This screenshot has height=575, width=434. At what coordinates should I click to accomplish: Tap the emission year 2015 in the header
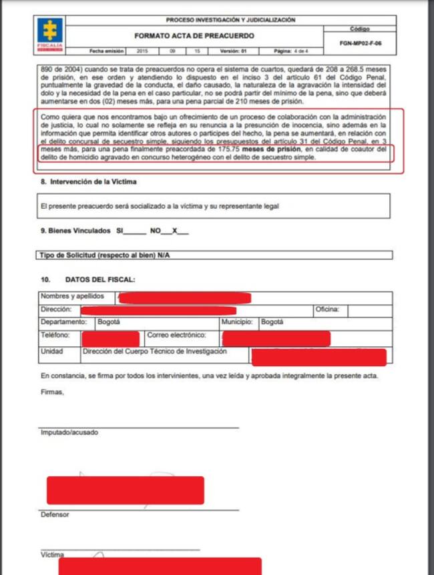[142, 51]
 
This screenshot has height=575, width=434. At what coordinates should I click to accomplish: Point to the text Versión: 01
[234, 51]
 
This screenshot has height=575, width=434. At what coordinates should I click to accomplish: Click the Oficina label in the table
[328, 310]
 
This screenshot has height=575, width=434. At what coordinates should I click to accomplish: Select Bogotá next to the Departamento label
[109, 322]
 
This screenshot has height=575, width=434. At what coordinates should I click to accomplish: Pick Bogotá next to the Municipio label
[272, 322]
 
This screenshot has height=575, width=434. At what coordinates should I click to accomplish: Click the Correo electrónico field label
[176, 336]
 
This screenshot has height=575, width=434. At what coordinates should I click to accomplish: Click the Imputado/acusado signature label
[69, 432]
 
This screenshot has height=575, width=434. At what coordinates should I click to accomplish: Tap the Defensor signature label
[55, 514]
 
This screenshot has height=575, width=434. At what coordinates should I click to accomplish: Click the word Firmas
[52, 392]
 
